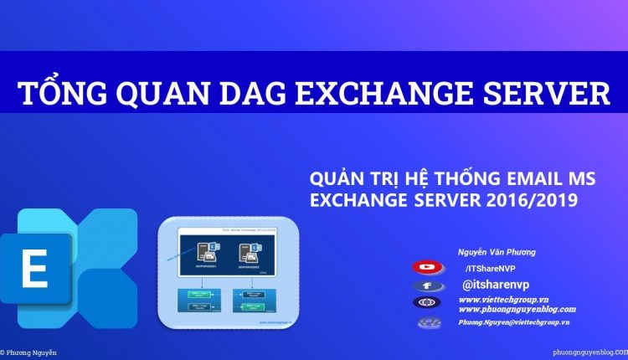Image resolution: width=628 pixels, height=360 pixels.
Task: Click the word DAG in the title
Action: (194, 92)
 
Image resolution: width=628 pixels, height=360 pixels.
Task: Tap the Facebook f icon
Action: (428, 285)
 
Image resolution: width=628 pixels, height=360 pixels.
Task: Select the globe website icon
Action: (428, 303)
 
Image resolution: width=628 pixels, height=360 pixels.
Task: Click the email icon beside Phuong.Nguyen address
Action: (428, 322)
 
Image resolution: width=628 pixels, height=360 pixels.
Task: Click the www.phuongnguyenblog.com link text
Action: (517, 309)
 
